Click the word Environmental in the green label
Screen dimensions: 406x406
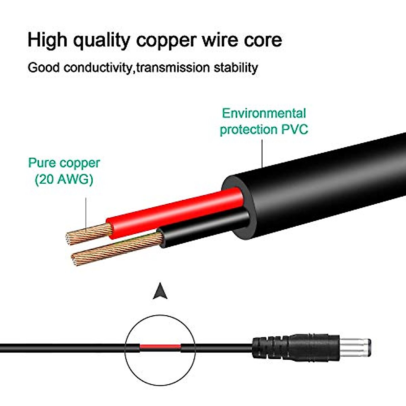click(x=264, y=113)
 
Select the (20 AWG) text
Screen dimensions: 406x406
click(x=64, y=180)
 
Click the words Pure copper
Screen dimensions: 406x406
click(x=64, y=163)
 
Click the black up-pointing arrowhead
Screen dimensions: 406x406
click(x=160, y=292)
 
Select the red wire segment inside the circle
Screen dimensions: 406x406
click(x=160, y=346)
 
